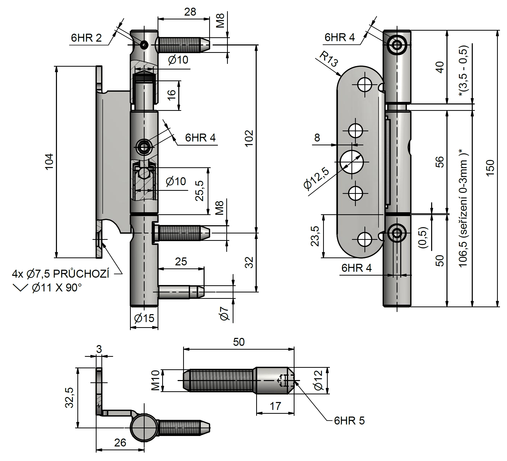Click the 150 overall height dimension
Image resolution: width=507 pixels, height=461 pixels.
[x=490, y=168]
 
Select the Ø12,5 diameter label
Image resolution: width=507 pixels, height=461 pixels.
[x=316, y=179]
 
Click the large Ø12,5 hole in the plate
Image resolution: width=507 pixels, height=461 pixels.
[x=351, y=162]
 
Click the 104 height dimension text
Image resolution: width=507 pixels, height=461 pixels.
[x=49, y=161]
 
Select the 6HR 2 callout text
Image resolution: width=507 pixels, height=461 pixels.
[x=86, y=38]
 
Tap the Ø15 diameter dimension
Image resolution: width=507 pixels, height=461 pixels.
[x=144, y=318]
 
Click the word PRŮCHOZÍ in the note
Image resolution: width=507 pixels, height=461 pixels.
[x=81, y=274]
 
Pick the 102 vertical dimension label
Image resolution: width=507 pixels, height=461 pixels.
[x=249, y=138]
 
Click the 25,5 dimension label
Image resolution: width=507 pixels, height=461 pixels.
[x=200, y=191]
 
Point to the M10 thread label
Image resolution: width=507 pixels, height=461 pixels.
[x=156, y=381]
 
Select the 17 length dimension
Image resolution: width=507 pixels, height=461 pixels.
[x=275, y=406]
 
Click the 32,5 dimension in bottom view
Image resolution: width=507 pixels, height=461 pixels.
[x=69, y=398]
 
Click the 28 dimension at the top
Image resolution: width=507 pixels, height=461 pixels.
[x=190, y=12]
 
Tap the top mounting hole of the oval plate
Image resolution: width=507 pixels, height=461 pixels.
[x=364, y=85]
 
